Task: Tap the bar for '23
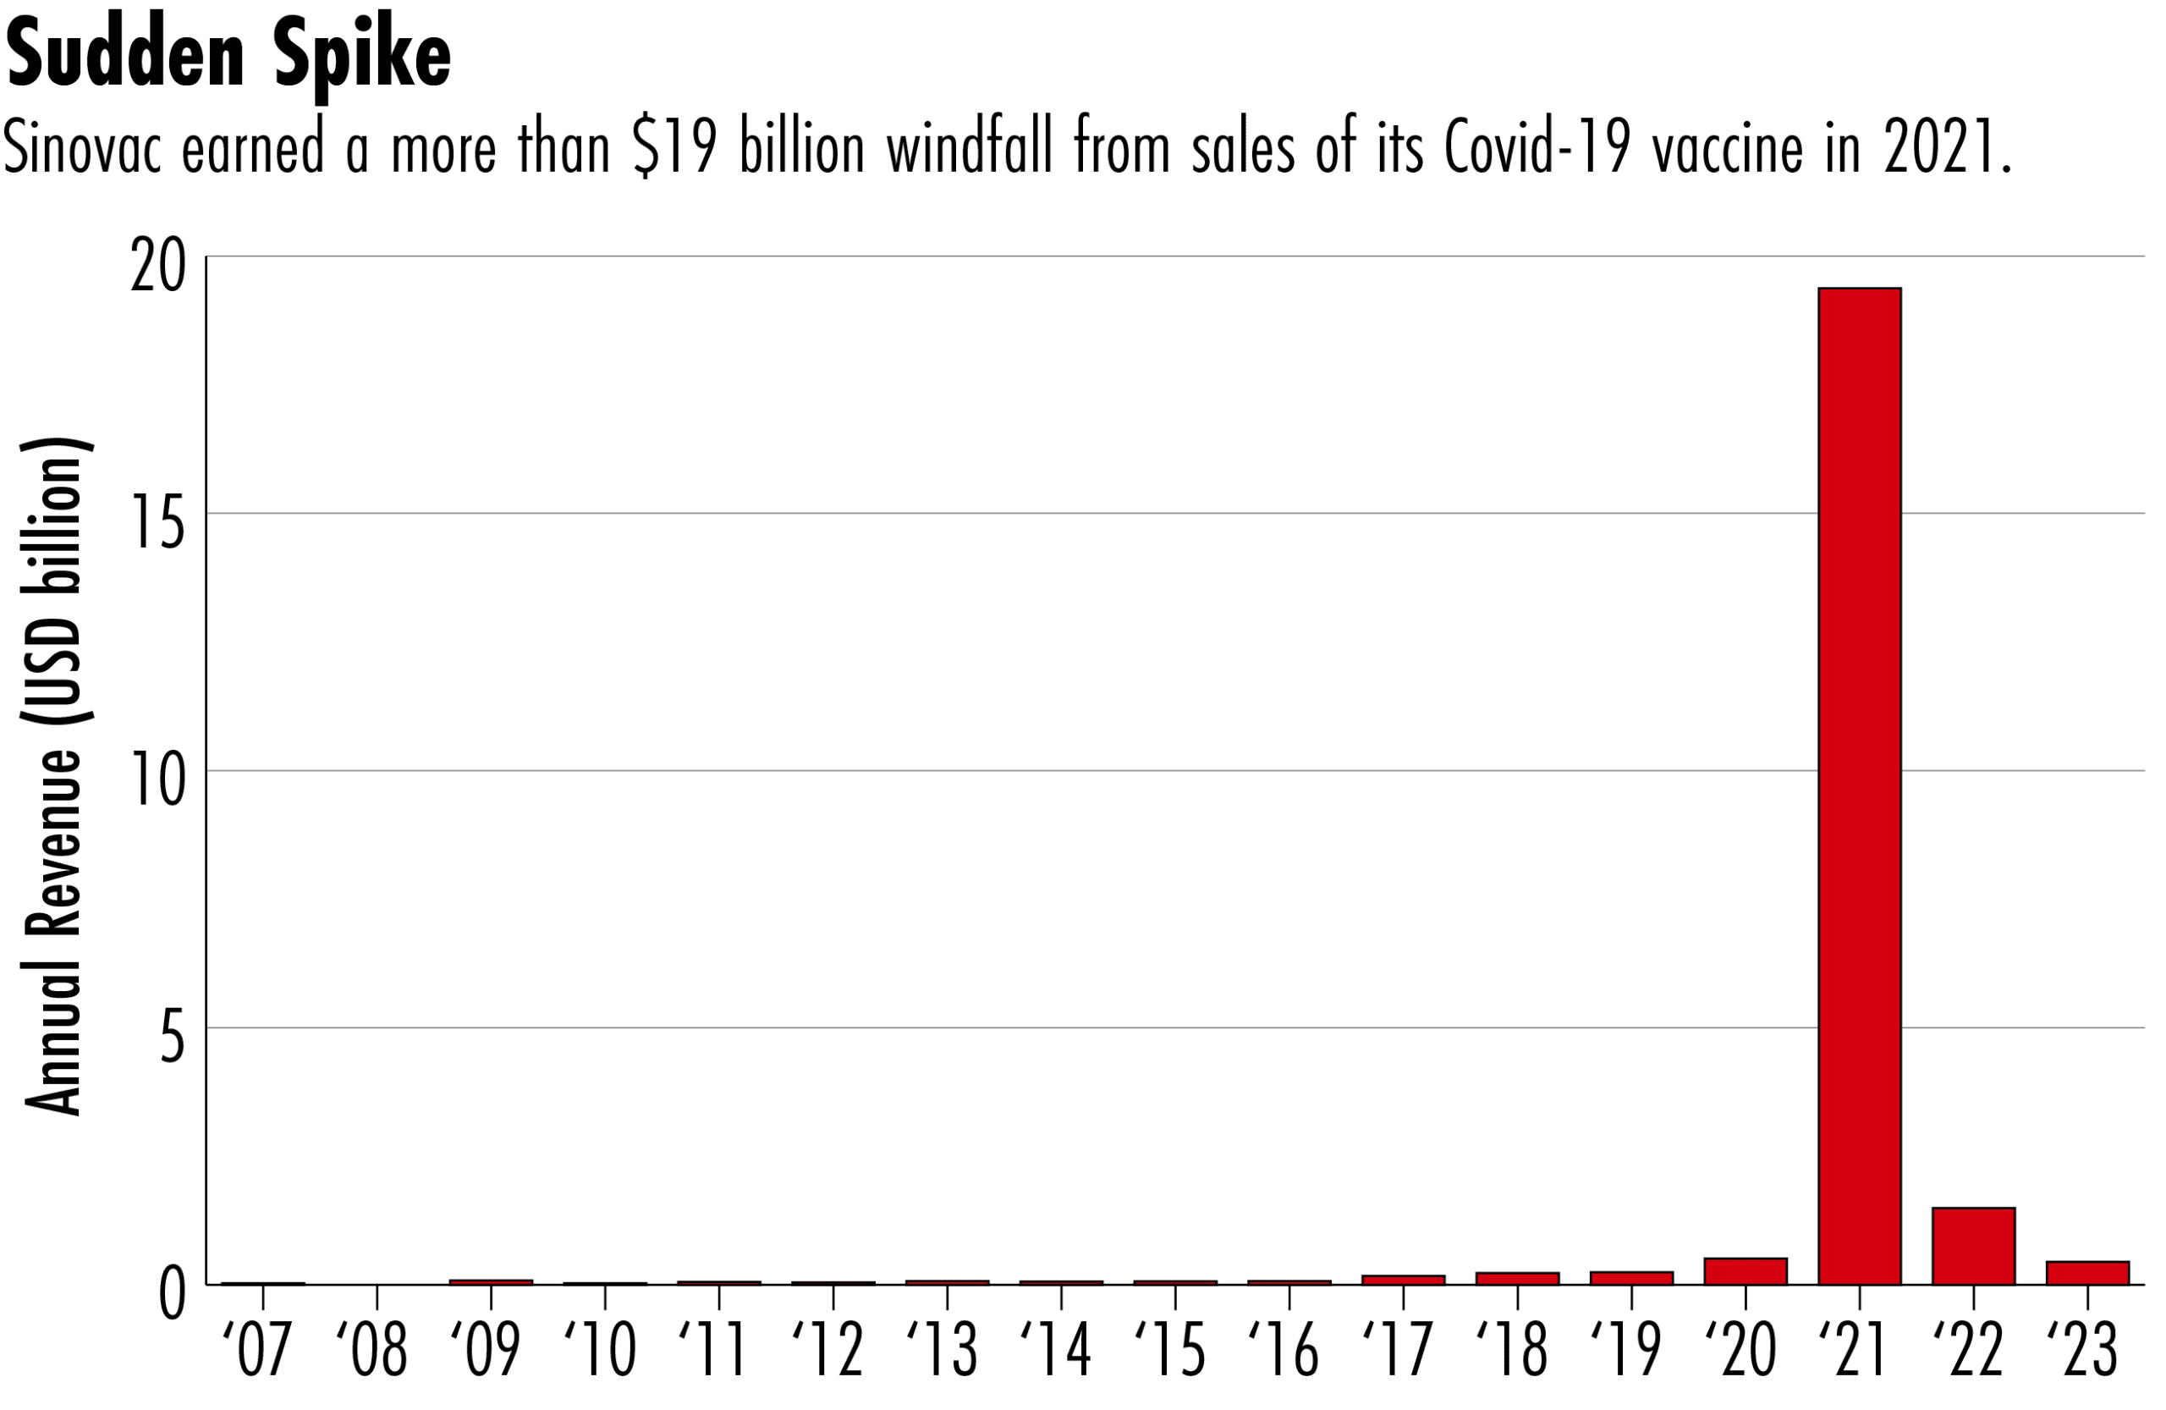2086,1272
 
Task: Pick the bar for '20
1745,1270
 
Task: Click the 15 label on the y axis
158,526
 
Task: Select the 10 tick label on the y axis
158,783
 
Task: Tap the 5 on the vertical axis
171,1039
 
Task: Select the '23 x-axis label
2081,1351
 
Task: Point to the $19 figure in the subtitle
673,149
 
